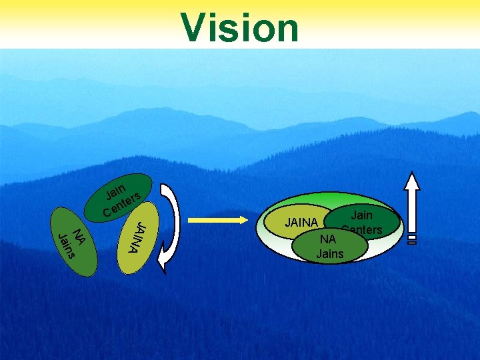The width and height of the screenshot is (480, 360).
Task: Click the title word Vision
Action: [240, 28]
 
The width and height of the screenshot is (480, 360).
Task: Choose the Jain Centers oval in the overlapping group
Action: [363, 220]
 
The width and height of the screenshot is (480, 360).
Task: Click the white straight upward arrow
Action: [413, 203]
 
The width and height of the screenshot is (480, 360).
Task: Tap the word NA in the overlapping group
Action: [327, 239]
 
